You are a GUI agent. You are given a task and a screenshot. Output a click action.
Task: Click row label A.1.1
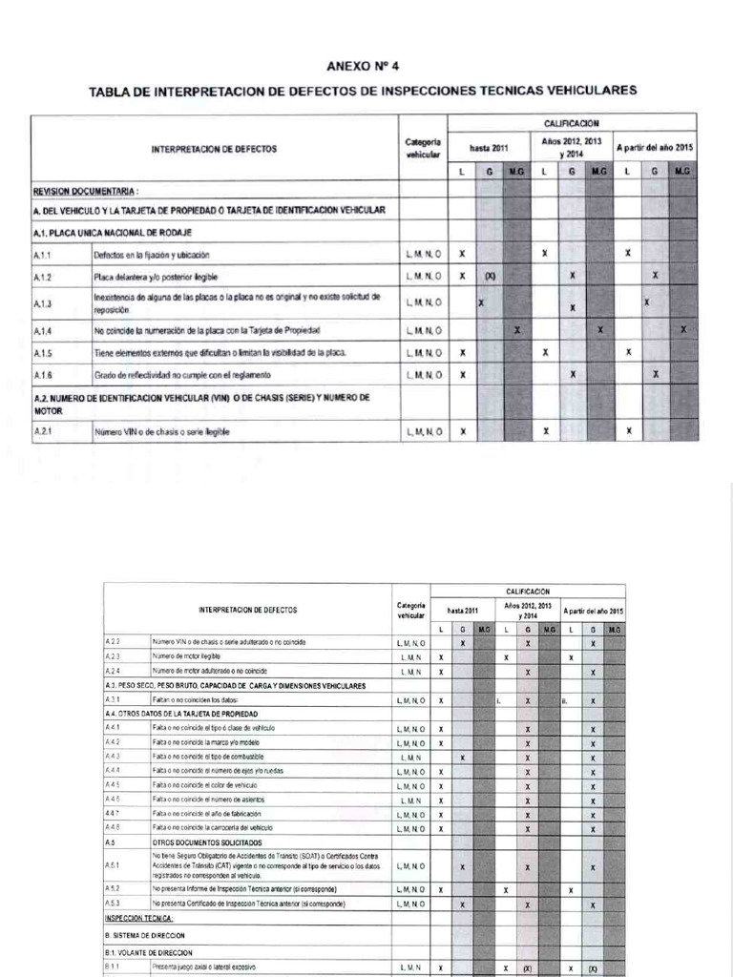click(x=42, y=255)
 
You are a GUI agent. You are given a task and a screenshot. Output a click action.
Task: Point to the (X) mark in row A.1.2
click(x=490, y=276)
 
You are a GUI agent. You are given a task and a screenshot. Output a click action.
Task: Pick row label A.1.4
click(x=42, y=330)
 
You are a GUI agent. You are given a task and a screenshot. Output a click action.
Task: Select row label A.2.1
click(x=42, y=431)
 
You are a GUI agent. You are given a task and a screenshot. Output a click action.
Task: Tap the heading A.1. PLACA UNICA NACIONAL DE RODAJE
click(x=112, y=232)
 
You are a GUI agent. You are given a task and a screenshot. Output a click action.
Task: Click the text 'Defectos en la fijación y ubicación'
click(x=151, y=255)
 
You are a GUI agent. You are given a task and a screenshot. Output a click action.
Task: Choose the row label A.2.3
click(x=113, y=657)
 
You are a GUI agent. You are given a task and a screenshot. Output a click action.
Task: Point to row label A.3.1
click(x=113, y=700)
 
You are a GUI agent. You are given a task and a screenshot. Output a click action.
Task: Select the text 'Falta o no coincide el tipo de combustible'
click(x=212, y=756)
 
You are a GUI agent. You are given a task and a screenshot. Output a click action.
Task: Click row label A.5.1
click(x=113, y=866)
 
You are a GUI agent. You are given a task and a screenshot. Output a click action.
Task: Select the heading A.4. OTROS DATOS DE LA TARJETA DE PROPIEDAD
click(x=184, y=714)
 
